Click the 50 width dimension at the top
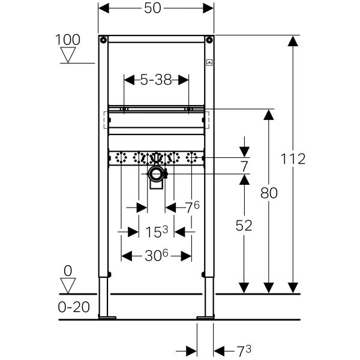click(x=152, y=9)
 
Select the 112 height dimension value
click(x=293, y=159)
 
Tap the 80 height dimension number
click(x=269, y=193)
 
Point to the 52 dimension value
click(x=244, y=226)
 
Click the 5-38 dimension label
click(x=156, y=80)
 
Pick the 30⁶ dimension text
click(x=157, y=256)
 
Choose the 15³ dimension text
click(x=157, y=232)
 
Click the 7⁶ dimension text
click(x=193, y=207)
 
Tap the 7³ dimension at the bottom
click(x=244, y=351)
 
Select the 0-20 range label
click(x=74, y=307)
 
